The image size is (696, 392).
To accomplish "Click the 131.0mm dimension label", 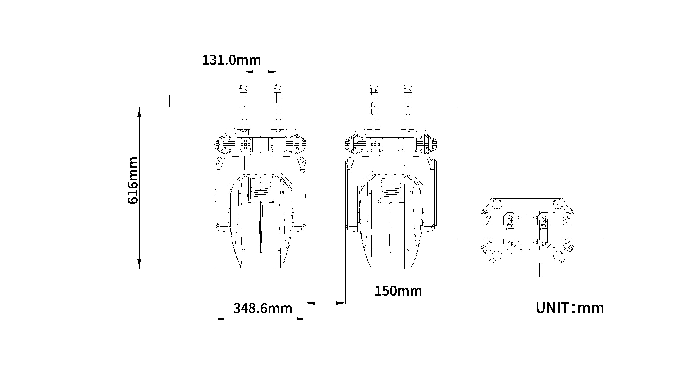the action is pyautogui.click(x=232, y=60).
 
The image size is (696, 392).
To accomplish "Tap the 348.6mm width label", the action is pyautogui.click(x=263, y=308).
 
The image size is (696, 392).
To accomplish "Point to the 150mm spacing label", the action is pyautogui.click(x=398, y=291).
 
